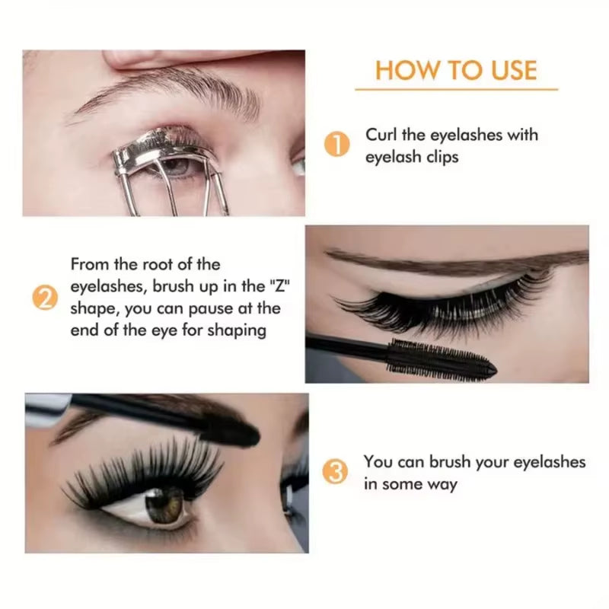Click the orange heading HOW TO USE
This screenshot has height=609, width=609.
(x=456, y=70)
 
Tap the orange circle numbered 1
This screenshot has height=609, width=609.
(x=337, y=144)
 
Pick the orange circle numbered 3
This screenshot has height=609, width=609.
(x=337, y=472)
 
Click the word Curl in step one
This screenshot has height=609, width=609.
(x=380, y=136)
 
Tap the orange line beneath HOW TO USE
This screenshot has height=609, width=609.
(x=456, y=90)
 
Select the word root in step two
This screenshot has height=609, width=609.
(x=163, y=265)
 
